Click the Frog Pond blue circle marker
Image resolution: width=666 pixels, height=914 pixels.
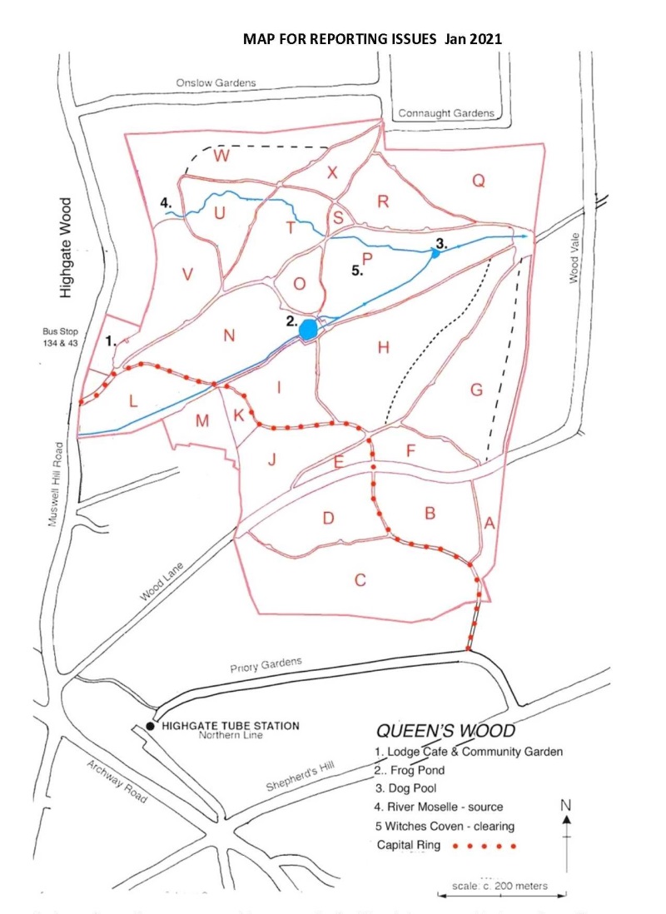[308, 329]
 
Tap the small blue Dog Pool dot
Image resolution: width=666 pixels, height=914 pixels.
[435, 254]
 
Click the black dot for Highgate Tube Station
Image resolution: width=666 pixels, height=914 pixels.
[150, 726]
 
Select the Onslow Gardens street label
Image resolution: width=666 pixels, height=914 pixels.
[216, 83]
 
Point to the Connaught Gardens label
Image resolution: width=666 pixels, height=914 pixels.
[445, 113]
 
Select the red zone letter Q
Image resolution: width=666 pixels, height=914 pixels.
[478, 181]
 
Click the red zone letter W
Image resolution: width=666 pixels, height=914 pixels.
[221, 156]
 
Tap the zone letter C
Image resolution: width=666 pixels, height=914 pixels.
[360, 580]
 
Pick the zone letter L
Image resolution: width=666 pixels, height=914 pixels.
[132, 401]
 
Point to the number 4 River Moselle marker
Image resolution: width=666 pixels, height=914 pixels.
[166, 202]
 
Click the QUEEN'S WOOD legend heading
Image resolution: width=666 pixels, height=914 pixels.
[445, 731]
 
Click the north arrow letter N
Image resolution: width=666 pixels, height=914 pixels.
[566, 805]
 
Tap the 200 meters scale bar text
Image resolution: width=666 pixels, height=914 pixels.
[499, 886]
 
